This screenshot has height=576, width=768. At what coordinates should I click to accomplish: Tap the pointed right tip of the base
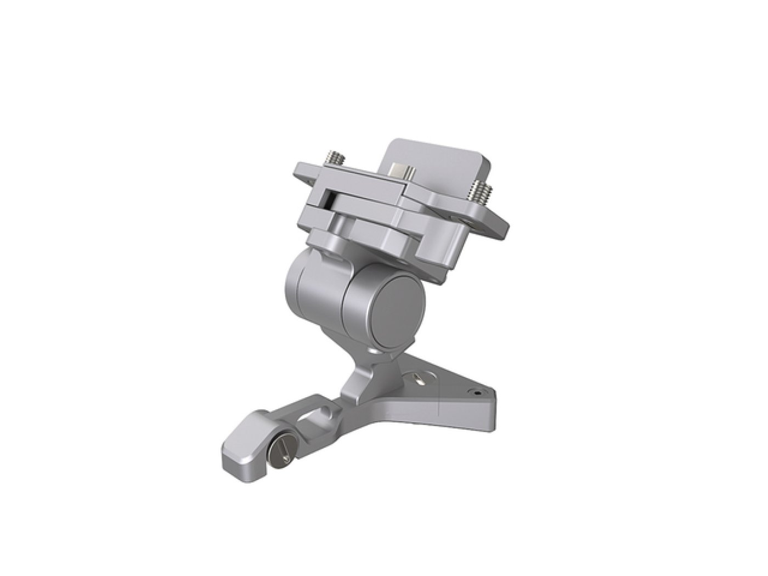(x=494, y=398)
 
